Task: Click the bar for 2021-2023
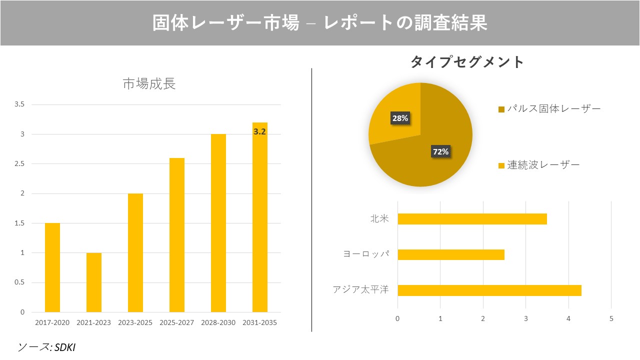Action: point(94,282)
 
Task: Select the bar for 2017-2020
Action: point(52,267)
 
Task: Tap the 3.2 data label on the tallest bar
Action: point(259,132)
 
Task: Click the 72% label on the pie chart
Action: point(440,151)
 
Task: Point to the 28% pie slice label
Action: point(400,118)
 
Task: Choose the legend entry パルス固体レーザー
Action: point(550,109)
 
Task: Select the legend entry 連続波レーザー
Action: point(539,165)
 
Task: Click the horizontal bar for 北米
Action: point(472,219)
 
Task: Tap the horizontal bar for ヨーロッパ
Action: point(450,255)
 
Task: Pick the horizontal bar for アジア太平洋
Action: point(489,290)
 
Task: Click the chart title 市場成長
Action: point(149,84)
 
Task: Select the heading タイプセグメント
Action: point(467,62)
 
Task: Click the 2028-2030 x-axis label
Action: point(218,322)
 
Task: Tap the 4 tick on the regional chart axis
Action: point(568,318)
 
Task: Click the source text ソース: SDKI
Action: point(46,347)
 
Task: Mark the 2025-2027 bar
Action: point(177,235)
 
